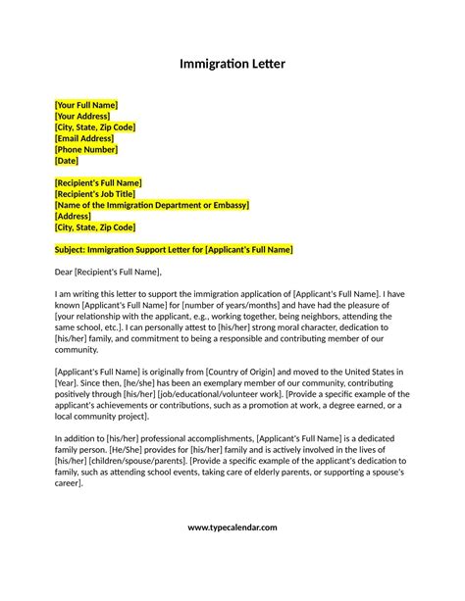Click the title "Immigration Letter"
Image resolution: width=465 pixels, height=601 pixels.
(232, 65)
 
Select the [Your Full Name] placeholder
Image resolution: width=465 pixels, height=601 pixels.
(86, 105)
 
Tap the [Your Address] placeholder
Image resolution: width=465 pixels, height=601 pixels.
(82, 116)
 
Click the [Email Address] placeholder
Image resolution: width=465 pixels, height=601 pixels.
(85, 138)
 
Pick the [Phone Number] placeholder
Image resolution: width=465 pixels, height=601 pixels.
(86, 149)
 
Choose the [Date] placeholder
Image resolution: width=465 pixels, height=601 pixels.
(67, 160)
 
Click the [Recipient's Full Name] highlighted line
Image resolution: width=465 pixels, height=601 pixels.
(98, 182)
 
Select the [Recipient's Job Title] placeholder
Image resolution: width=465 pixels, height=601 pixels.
(95, 194)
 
